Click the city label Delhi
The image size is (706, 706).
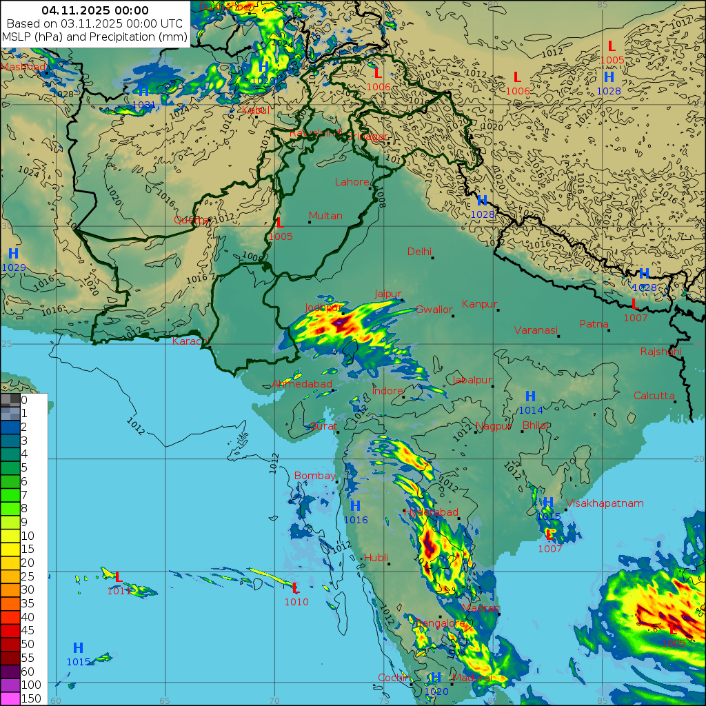point(419,252)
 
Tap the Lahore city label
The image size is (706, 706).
point(352,183)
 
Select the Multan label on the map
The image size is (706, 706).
point(325,216)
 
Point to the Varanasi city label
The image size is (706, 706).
point(535,330)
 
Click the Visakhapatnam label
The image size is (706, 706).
point(605,503)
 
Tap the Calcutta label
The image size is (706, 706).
point(654,396)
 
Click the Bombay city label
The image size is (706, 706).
point(314,476)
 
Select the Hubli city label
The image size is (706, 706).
point(376,557)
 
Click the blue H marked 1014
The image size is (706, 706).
point(530,396)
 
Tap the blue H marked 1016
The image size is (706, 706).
point(356,507)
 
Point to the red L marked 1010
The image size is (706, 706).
point(296,588)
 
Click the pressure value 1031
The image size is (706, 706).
point(143,105)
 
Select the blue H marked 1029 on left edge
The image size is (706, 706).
point(13,254)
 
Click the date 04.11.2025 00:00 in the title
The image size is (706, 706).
point(95,10)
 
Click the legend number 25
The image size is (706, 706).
point(27,576)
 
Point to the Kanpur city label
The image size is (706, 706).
point(480,304)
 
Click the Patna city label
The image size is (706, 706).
point(594,324)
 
